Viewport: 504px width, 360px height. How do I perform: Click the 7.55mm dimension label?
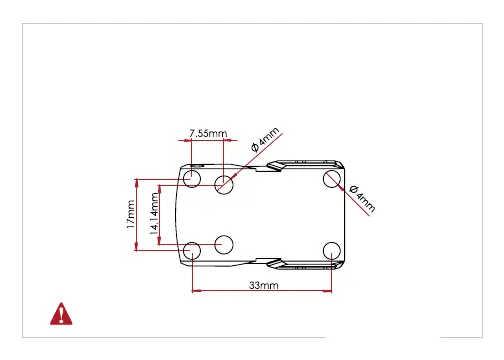(x=208, y=133)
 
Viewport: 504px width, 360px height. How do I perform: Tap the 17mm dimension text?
(x=131, y=214)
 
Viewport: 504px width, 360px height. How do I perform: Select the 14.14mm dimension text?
(x=154, y=214)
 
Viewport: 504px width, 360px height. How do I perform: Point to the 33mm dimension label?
(x=264, y=285)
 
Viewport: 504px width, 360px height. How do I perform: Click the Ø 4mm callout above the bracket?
(x=265, y=140)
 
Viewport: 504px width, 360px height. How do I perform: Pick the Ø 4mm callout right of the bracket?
(x=362, y=199)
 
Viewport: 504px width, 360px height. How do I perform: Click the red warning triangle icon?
(x=61, y=314)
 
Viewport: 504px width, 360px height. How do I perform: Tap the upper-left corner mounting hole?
(x=192, y=178)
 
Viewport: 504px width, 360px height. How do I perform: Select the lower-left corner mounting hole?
(x=192, y=251)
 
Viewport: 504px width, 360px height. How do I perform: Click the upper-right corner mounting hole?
(x=332, y=179)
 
